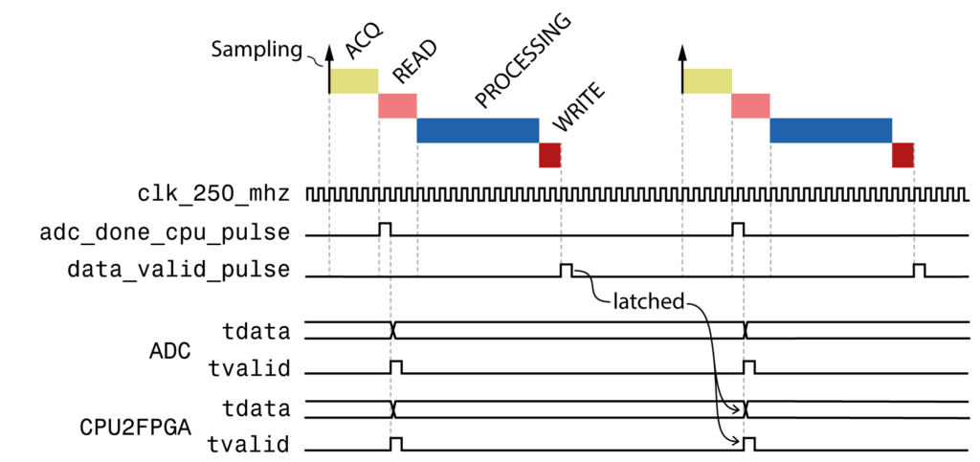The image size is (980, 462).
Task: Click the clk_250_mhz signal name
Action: (x=212, y=194)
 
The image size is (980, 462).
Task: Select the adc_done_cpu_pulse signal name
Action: (x=165, y=231)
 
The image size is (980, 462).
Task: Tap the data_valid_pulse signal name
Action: (x=178, y=269)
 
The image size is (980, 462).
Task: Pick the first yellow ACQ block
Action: (x=354, y=81)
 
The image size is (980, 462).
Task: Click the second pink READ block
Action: (x=750, y=105)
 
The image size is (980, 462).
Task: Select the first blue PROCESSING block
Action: (x=478, y=130)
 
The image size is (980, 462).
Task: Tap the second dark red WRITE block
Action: (x=902, y=155)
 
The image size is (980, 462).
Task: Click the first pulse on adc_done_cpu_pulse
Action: (x=385, y=230)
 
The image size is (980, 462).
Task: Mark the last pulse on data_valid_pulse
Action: (x=919, y=270)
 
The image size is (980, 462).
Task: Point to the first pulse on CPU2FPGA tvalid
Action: (x=396, y=442)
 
